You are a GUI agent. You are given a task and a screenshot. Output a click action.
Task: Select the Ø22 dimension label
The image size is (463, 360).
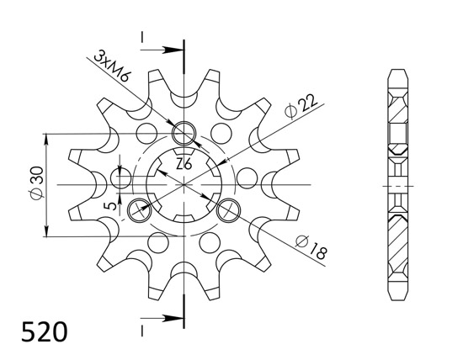tap(301, 106)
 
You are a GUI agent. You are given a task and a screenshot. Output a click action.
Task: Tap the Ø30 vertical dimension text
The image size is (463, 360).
tap(37, 183)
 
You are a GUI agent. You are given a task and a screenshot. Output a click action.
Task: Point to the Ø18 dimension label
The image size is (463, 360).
tap(311, 247)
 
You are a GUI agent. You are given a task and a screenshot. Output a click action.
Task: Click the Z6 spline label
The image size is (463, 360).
tap(184, 164)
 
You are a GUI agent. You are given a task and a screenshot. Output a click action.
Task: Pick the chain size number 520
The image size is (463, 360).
tap(45, 331)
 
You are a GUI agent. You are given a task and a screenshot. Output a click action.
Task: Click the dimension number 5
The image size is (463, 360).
tap(112, 205)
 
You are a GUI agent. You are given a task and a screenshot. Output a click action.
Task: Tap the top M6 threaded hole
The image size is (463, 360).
tap(184, 133)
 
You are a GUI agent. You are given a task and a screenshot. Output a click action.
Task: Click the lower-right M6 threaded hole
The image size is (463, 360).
tap(228, 210)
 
